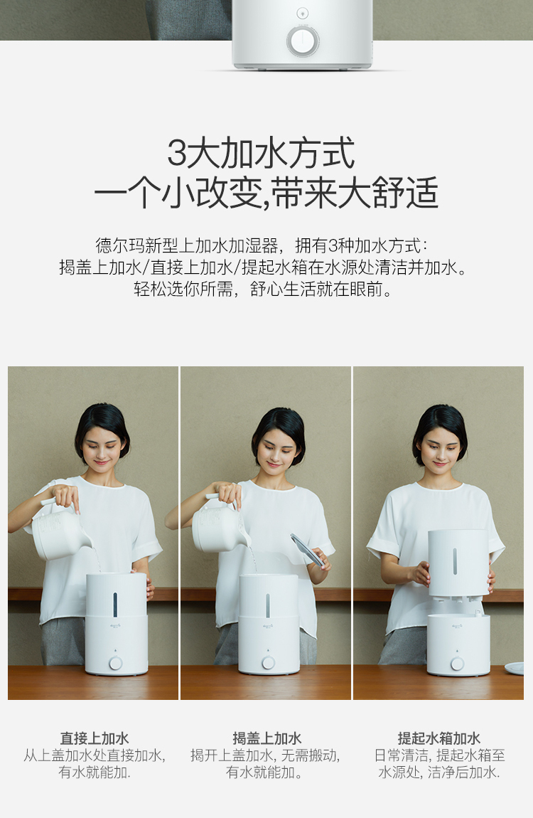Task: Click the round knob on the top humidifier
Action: (x=302, y=41)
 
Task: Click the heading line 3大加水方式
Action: (x=261, y=153)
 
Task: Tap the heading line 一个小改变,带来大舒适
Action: (x=266, y=193)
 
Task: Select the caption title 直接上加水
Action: (x=95, y=738)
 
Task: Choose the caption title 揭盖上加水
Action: (x=266, y=738)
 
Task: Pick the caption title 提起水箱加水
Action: (x=438, y=738)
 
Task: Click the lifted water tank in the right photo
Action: (x=458, y=563)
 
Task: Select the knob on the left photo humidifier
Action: (x=116, y=663)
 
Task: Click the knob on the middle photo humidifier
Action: (x=269, y=662)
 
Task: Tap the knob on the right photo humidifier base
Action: (x=458, y=664)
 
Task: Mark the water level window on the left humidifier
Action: (x=115, y=605)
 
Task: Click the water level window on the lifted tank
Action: (x=455, y=561)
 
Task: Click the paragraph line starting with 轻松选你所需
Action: (x=264, y=289)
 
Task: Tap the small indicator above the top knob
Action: (x=302, y=13)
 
